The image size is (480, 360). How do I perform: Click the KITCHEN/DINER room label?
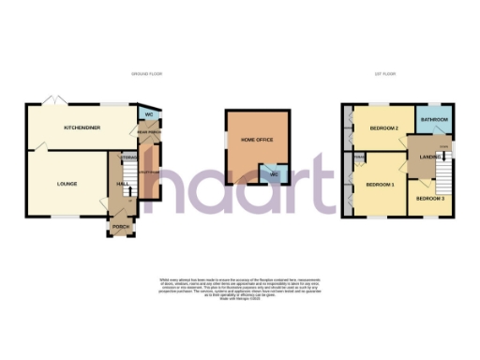[x=82, y=127]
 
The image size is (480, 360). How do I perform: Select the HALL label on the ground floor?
[x=122, y=185]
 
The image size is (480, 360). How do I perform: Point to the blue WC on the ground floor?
[x=148, y=114]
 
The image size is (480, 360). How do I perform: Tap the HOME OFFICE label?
[x=256, y=139]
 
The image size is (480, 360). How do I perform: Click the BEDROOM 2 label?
[x=384, y=127]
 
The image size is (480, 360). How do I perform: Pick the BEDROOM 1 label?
[x=380, y=185]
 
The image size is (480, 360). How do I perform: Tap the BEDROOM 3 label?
[x=430, y=199]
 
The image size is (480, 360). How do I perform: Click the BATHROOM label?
[x=434, y=120]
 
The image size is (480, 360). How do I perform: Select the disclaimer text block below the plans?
[x=240, y=290]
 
